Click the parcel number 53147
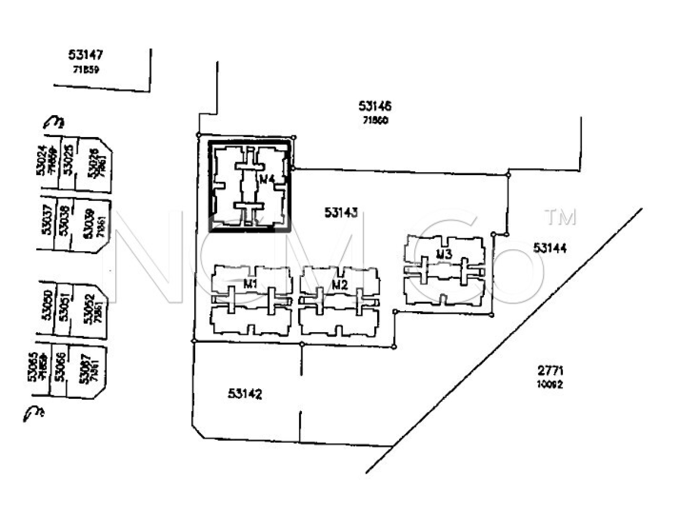pos(86,55)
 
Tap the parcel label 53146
pos(375,106)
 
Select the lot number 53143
pos(341,213)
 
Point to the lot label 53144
pos(550,248)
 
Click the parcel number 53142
pos(245,394)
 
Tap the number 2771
pos(550,370)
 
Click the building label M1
pos(251,284)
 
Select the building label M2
pos(340,285)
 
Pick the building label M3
pos(444,254)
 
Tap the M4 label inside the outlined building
pos(267,179)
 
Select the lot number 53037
pos(47,220)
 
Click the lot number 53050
pos(47,305)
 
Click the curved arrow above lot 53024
pos(54,122)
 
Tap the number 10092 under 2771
pos(550,384)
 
